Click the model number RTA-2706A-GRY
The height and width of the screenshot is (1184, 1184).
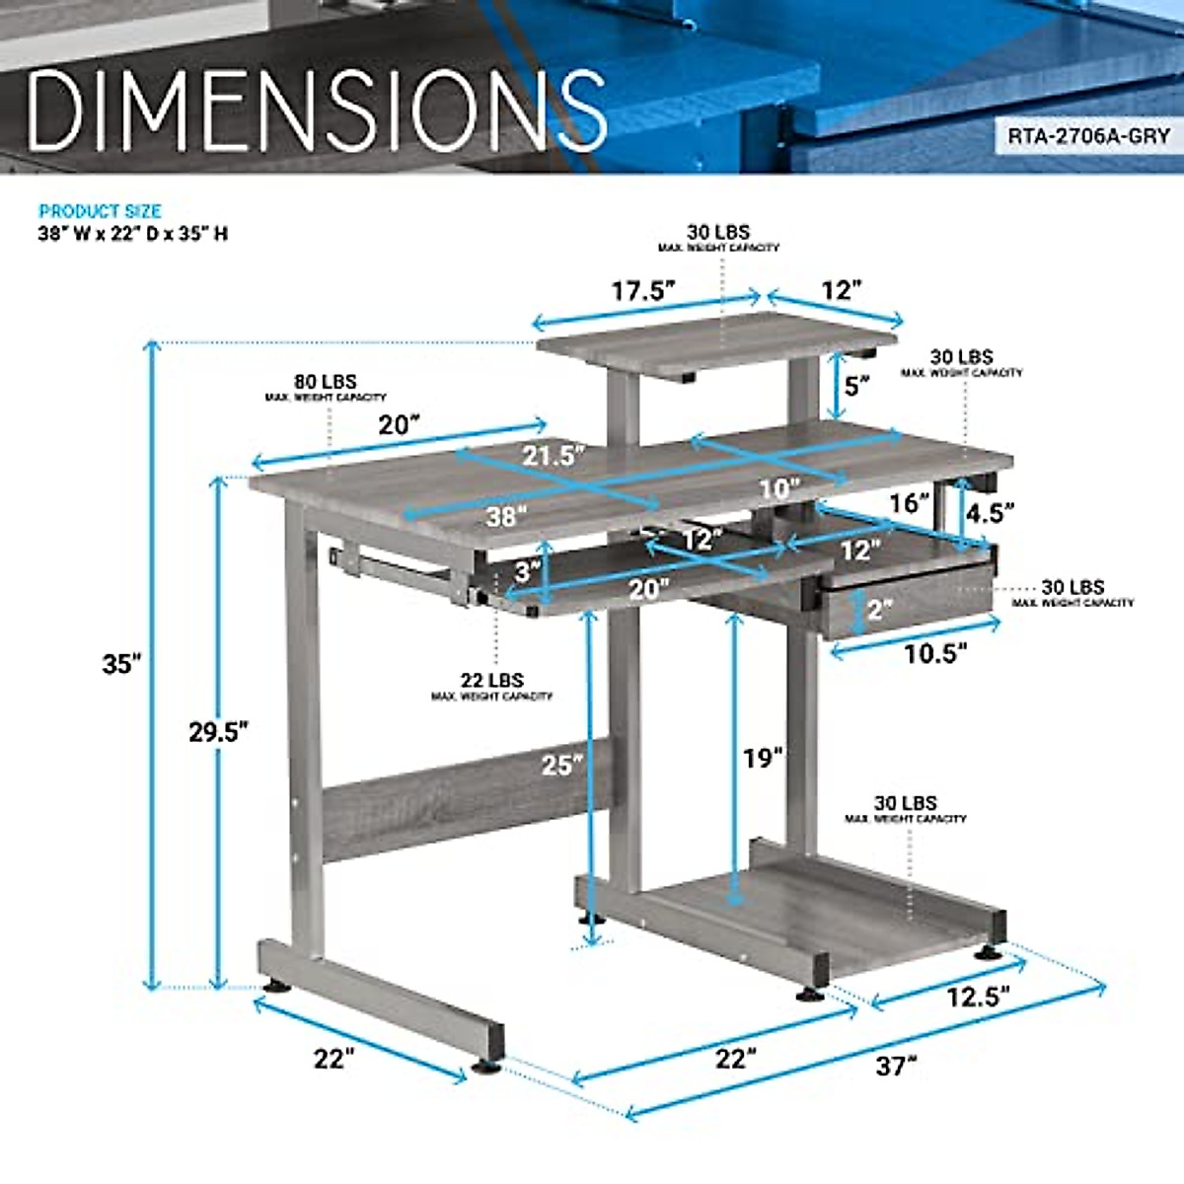point(1087,136)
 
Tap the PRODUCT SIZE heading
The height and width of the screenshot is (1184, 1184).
point(100,211)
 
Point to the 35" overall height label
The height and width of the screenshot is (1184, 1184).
point(122,664)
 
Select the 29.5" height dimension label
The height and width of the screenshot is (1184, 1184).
point(218,731)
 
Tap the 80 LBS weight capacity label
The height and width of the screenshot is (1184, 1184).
point(325,382)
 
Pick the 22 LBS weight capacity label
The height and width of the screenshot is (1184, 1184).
point(491,680)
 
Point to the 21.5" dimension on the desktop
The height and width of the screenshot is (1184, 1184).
point(554,455)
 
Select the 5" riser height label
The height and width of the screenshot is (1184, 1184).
point(856,385)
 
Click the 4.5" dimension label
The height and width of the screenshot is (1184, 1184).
point(989,512)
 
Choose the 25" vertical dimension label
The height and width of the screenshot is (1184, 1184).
point(561,764)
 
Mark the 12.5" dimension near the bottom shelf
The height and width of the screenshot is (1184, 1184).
point(978,997)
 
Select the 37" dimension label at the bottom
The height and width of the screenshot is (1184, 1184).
point(896,1066)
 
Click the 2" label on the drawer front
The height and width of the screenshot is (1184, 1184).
point(879,610)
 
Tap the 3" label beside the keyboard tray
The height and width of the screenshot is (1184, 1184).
point(527,570)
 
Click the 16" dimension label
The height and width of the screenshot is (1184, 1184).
point(909,503)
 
